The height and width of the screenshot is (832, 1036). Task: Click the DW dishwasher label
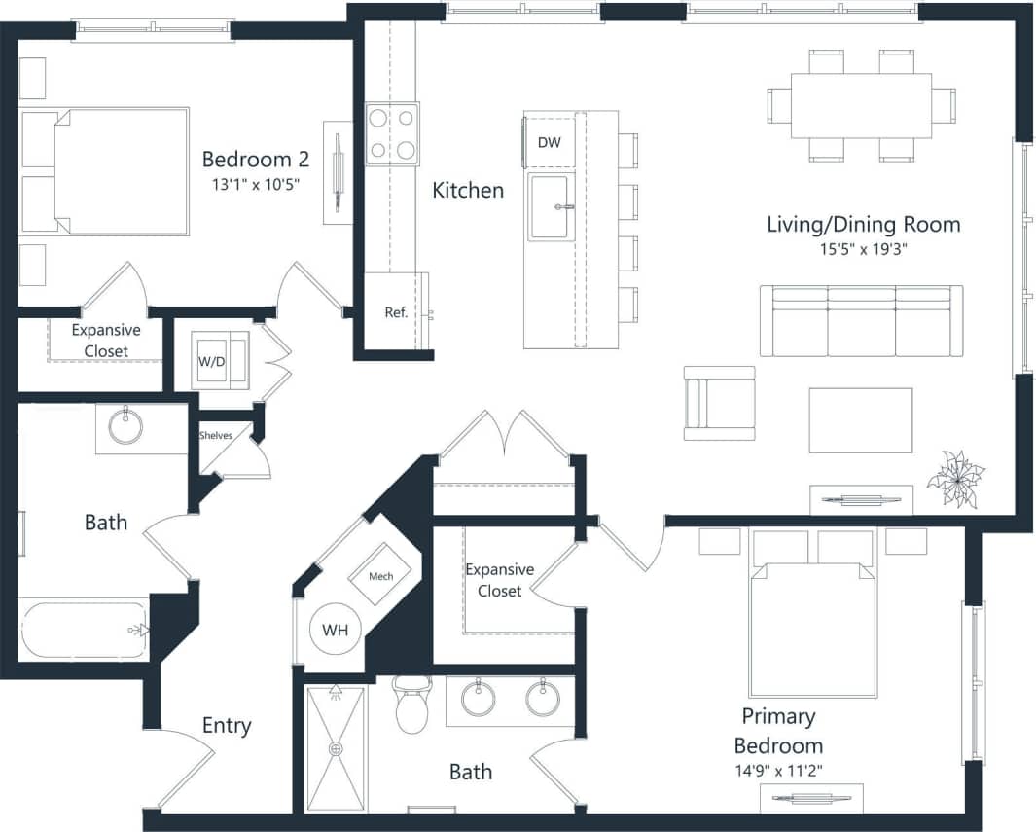(x=549, y=143)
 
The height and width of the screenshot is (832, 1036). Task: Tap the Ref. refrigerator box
(x=396, y=312)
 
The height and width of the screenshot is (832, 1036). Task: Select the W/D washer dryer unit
(x=211, y=361)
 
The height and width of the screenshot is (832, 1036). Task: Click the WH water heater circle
(x=335, y=630)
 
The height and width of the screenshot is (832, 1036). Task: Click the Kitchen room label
(x=468, y=191)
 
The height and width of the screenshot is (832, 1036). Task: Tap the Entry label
(x=227, y=725)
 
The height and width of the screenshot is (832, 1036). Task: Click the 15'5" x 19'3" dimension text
(x=863, y=249)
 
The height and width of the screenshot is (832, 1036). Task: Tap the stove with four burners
(x=392, y=133)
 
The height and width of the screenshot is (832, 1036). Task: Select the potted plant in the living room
(x=955, y=479)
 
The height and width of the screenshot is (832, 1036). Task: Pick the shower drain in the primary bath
(x=337, y=748)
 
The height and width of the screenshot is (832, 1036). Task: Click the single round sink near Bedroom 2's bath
(x=125, y=426)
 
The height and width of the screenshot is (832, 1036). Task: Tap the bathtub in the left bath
(x=84, y=630)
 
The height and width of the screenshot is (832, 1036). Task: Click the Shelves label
(x=216, y=435)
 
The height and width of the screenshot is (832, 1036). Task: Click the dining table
(x=861, y=105)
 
